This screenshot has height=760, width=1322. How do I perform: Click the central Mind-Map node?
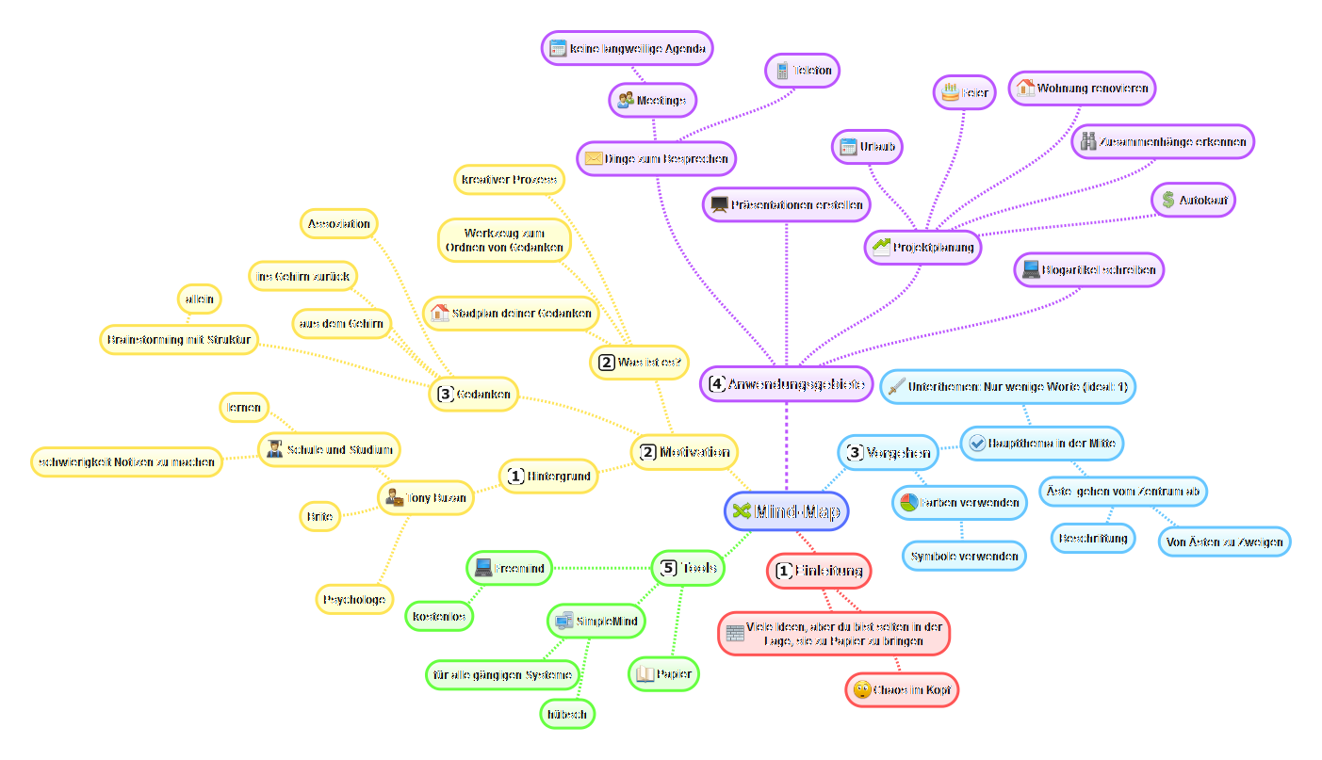(x=787, y=511)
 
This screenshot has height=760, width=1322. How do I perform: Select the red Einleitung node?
(x=819, y=571)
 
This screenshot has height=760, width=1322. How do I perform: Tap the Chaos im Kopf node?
(x=902, y=690)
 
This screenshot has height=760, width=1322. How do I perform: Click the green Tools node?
(x=689, y=568)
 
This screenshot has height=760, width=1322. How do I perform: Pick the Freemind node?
(x=510, y=568)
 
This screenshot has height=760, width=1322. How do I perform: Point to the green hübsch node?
(x=567, y=714)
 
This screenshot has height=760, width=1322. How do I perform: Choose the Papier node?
(x=663, y=673)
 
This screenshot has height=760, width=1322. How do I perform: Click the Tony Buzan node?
(x=424, y=498)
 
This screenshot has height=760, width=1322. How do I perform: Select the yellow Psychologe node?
(x=354, y=599)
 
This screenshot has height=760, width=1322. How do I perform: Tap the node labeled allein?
(x=200, y=299)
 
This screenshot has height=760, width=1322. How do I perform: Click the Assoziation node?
(x=340, y=224)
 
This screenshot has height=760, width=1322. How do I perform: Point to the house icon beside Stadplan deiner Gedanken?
(x=439, y=313)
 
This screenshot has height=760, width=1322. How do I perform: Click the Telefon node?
(x=802, y=70)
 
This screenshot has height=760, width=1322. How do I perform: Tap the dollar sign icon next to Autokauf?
(x=1168, y=200)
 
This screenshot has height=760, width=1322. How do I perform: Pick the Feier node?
(x=964, y=93)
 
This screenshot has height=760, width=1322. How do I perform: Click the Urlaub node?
(x=867, y=147)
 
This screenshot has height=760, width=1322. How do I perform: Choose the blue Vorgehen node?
(x=889, y=452)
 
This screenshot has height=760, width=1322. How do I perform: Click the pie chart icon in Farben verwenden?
(x=908, y=502)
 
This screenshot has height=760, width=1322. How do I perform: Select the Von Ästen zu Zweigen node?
(x=1224, y=542)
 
